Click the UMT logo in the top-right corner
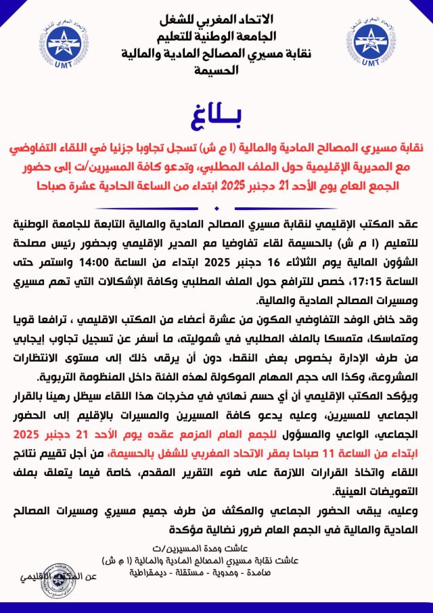[x=369, y=43]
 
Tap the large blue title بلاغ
[x=216, y=115]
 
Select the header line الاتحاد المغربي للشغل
[x=216, y=18]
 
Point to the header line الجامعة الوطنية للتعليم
[x=216, y=35]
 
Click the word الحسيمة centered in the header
[x=216, y=69]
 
